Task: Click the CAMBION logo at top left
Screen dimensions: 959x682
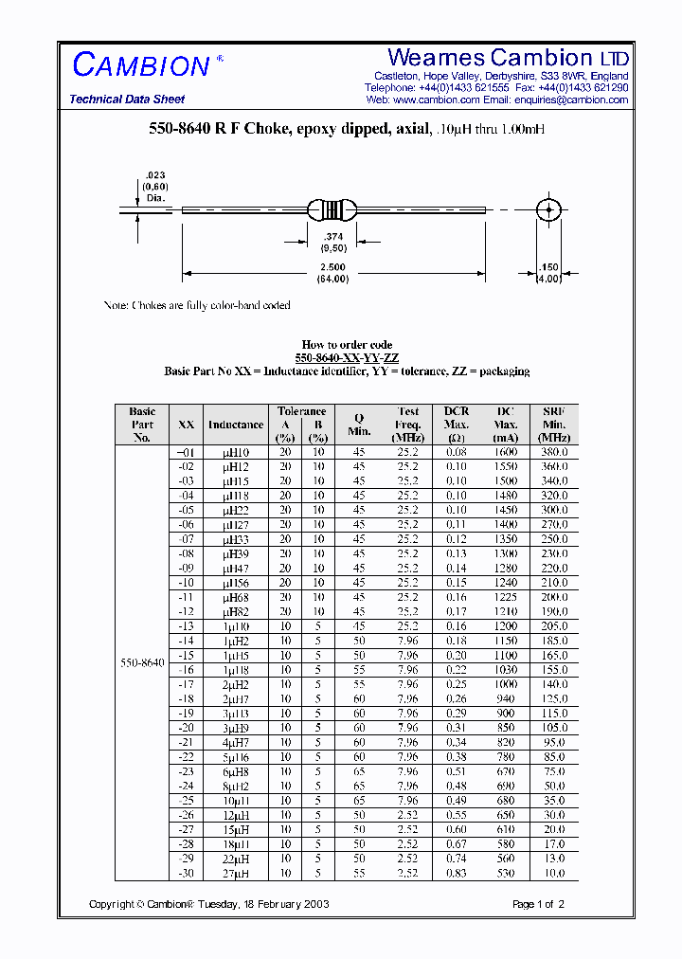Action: tap(141, 65)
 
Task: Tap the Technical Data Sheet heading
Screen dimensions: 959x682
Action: tap(127, 100)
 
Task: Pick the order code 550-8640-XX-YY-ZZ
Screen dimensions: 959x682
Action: tap(347, 358)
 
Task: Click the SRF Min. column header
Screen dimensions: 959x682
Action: tap(554, 425)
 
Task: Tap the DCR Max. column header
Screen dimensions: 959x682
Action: tap(457, 425)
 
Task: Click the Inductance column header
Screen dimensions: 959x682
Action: tap(236, 425)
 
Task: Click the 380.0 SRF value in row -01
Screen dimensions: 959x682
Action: tap(554, 452)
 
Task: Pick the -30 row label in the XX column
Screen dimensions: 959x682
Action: tap(186, 874)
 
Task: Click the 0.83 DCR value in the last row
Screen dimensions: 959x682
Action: tap(457, 874)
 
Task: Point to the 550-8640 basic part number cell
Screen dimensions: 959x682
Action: tap(142, 662)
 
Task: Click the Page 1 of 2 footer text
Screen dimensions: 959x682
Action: tap(538, 905)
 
